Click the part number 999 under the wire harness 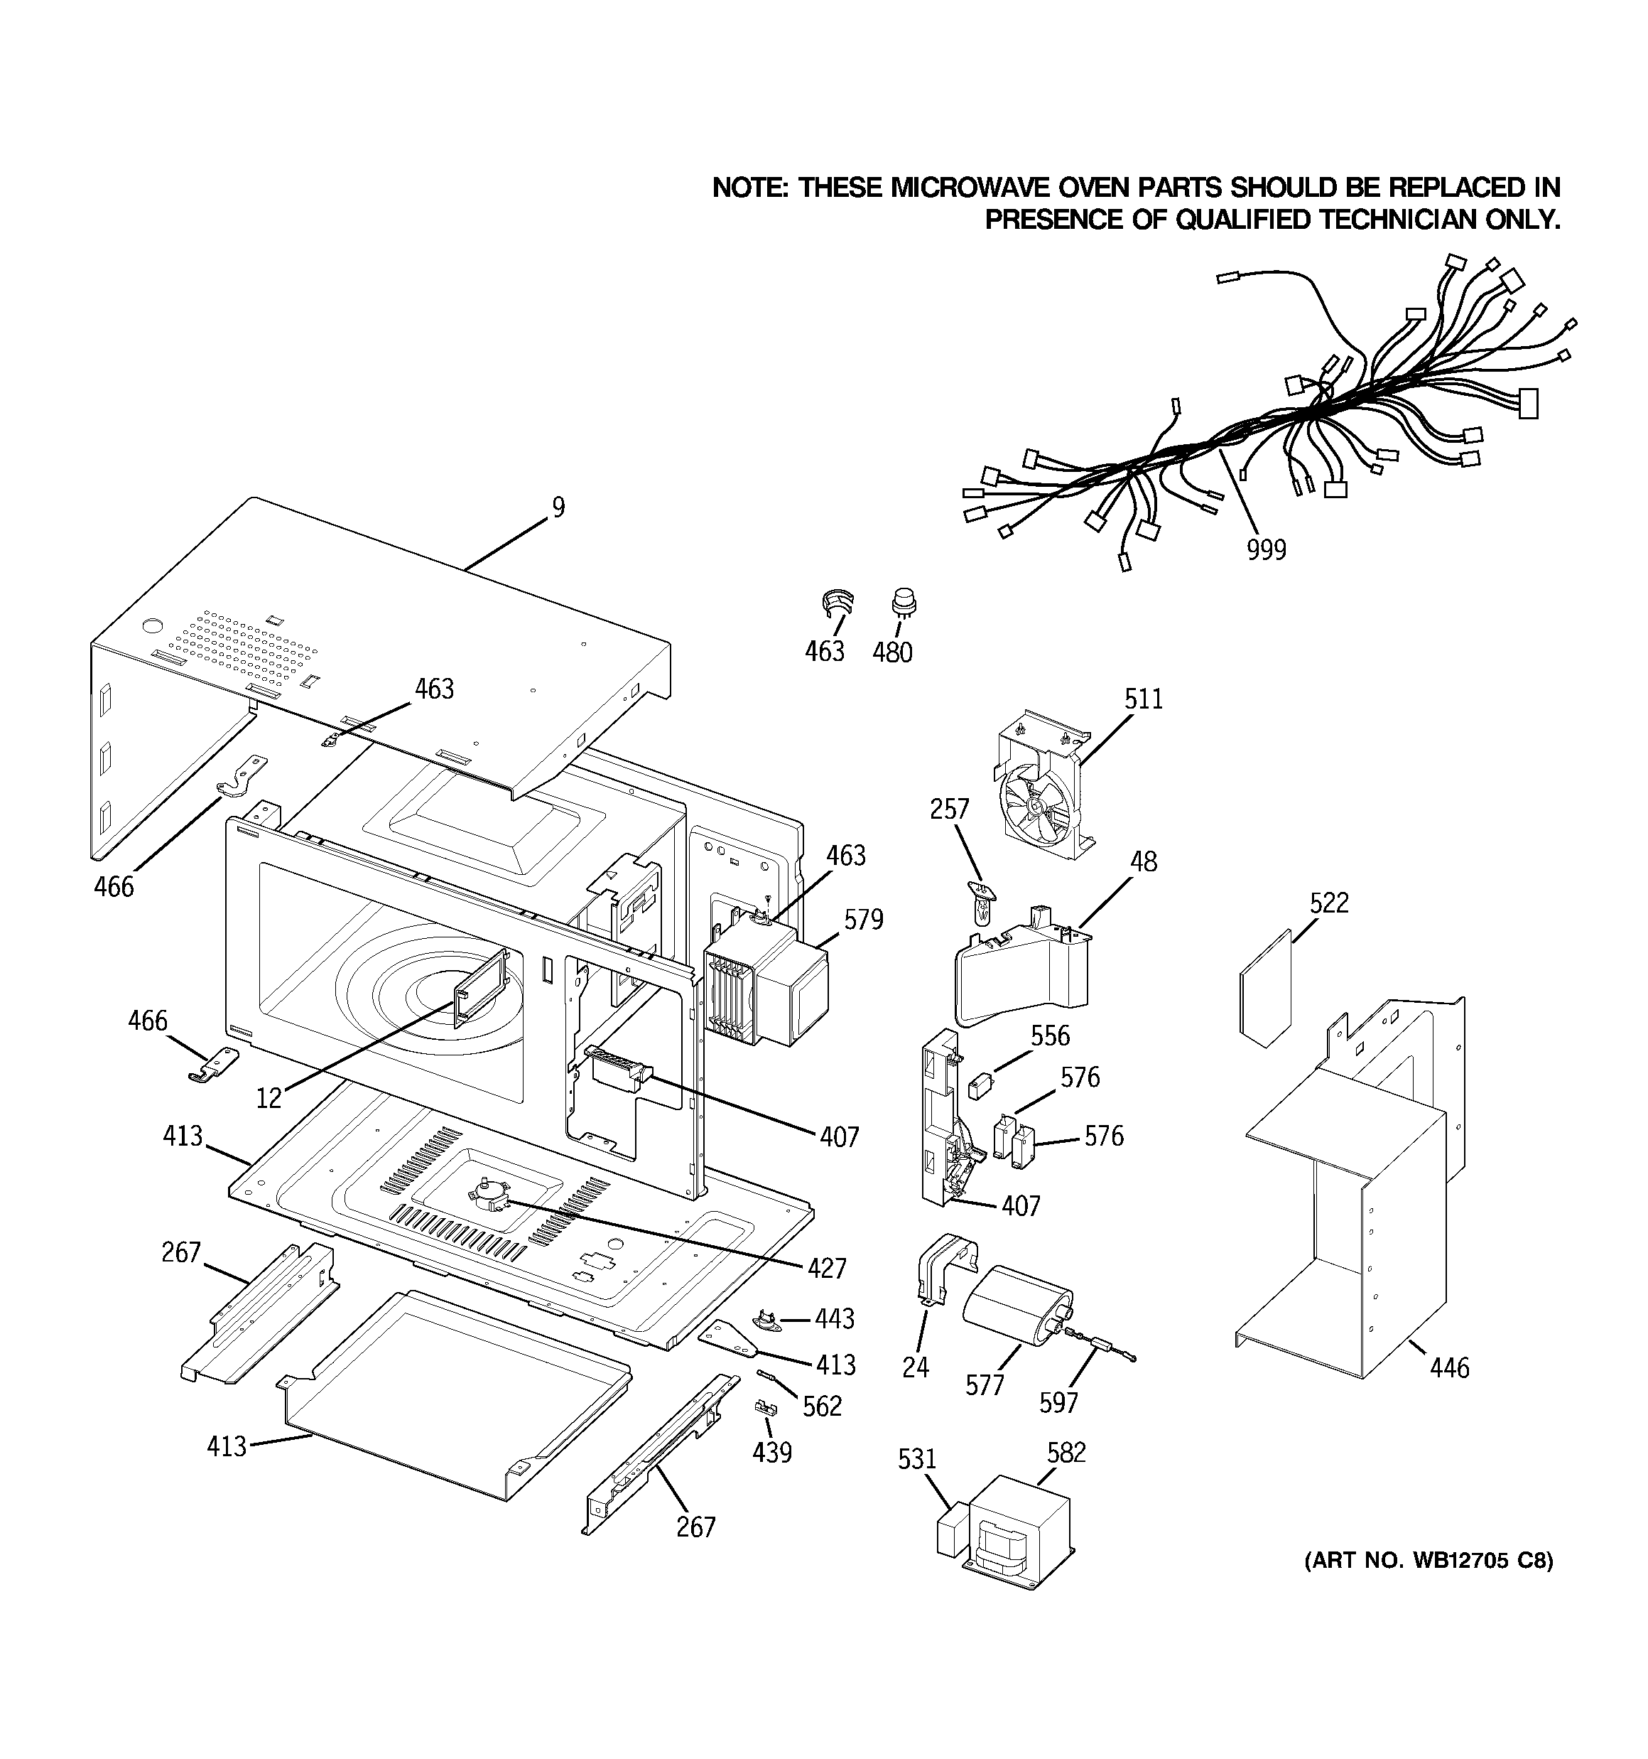click(1266, 549)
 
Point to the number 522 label click(1328, 903)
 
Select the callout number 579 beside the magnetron click(862, 920)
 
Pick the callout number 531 click(916, 1458)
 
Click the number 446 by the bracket click(1449, 1368)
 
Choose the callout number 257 click(949, 809)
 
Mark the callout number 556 click(1050, 1036)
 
